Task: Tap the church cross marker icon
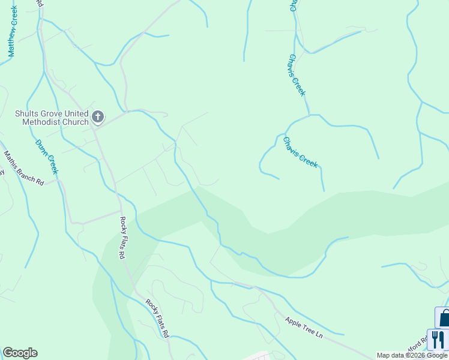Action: [x=98, y=116]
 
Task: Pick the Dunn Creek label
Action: [x=46, y=157]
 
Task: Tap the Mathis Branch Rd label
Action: [x=24, y=168]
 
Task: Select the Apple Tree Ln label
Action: [x=304, y=328]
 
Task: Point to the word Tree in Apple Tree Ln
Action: [x=304, y=328]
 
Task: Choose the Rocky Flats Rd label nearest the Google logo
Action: [x=158, y=317]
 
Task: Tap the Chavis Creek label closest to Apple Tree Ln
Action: [x=300, y=152]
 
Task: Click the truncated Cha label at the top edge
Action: [x=294, y=5]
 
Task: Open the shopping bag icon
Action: [x=444, y=317]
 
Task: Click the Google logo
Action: [x=20, y=353]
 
